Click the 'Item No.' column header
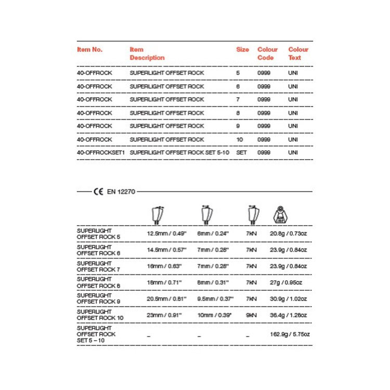click(x=90, y=50)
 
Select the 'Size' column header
click(x=242, y=50)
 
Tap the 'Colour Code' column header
click(x=267, y=54)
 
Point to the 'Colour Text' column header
click(x=298, y=54)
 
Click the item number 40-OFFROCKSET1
click(x=101, y=152)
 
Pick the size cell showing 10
click(x=239, y=139)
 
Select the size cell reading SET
click(x=241, y=152)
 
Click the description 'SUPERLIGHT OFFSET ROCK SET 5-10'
click(x=179, y=152)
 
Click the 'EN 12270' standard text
click(x=121, y=192)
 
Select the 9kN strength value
click(x=251, y=315)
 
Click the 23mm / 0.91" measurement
click(x=164, y=315)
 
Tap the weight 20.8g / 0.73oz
click(x=289, y=233)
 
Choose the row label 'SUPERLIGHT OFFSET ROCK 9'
click(x=98, y=298)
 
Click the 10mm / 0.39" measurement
click(x=215, y=315)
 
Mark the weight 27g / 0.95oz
click(x=286, y=282)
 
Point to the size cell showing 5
click(x=238, y=73)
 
